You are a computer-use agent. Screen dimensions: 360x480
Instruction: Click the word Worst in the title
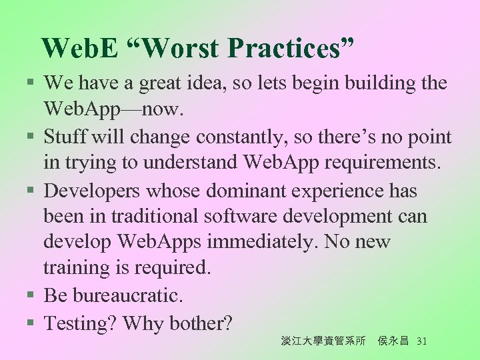181,49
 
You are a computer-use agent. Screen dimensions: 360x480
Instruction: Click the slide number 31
421,341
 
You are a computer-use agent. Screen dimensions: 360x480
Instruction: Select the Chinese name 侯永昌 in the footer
393,341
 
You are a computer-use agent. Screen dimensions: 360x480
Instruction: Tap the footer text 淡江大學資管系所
323,341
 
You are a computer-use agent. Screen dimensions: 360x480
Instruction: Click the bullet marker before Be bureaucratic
31,295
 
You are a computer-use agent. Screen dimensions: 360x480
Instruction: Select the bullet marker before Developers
31,192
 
